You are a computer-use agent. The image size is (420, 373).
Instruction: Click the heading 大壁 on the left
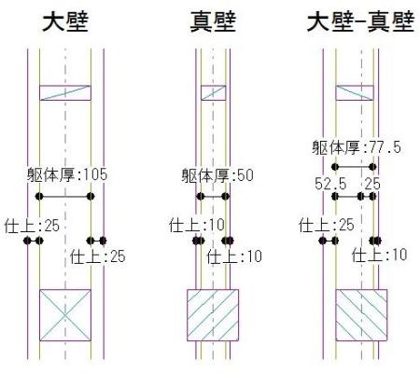[65, 22]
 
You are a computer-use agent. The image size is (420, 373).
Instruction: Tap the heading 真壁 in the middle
[213, 22]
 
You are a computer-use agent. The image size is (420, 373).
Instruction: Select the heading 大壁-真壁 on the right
[360, 22]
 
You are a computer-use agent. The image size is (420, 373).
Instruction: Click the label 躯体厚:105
[67, 174]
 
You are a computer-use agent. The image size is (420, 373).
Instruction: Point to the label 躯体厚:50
[217, 175]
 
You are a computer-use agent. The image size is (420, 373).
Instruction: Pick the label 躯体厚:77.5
[357, 147]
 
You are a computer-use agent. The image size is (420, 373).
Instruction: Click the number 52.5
[330, 184]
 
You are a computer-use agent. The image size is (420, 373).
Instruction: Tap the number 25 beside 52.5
[372, 184]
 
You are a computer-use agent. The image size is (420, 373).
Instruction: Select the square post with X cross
[65, 315]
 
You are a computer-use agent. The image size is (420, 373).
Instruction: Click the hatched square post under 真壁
[213, 315]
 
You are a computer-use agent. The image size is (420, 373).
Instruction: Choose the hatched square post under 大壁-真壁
[361, 315]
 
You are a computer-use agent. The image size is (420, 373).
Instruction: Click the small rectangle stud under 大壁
[65, 92]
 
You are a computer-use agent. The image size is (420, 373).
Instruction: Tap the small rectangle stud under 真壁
[213, 92]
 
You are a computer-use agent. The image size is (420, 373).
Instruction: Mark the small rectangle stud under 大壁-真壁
[355, 92]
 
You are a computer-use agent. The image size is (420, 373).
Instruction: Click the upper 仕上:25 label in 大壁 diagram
[32, 226]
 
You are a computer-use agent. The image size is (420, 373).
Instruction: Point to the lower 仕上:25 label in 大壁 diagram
[98, 256]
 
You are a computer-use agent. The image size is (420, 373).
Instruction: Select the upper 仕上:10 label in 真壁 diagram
[197, 225]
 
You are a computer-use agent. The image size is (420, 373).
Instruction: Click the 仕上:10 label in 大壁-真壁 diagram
[380, 255]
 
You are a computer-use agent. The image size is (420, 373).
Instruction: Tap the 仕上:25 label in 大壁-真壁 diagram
[327, 225]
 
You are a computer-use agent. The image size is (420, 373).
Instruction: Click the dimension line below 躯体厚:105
[64, 197]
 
